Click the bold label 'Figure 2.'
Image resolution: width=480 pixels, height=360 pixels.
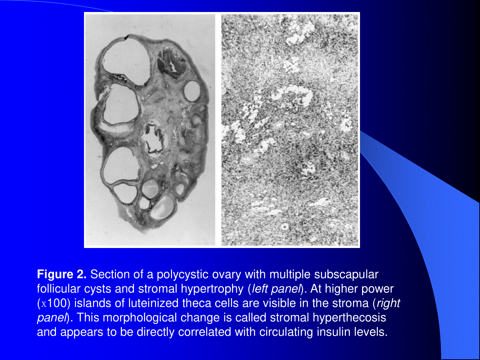(x=62, y=274)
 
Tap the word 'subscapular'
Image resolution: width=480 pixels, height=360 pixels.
(x=346, y=275)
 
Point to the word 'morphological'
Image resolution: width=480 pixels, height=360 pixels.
(x=140, y=318)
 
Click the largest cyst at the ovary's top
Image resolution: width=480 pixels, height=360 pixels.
(x=126, y=62)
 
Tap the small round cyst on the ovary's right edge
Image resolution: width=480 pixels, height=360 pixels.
(x=192, y=91)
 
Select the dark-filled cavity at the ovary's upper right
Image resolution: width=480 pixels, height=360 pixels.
(x=172, y=63)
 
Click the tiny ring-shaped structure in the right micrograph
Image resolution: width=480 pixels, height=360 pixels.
(x=284, y=226)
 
